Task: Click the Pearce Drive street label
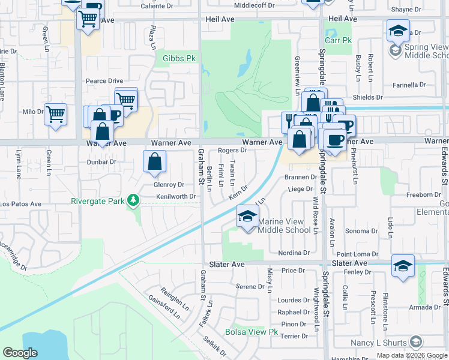point(104,81)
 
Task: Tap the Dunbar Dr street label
point(101,162)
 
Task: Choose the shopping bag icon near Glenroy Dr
point(155,161)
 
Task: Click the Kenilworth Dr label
point(176,196)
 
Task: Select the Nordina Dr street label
point(294,253)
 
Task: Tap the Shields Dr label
point(367,97)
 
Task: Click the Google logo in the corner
point(20,353)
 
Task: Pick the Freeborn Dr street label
point(424,195)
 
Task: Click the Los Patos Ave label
point(20,204)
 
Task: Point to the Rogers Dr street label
point(232,151)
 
